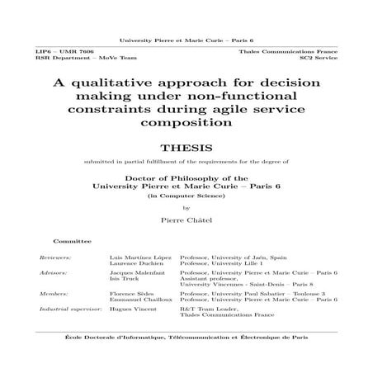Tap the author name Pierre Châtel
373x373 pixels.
point(186,221)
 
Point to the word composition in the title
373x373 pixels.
point(186,125)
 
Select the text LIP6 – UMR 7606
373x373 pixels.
point(57,52)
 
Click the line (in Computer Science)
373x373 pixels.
point(186,198)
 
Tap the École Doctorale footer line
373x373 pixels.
point(186,338)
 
